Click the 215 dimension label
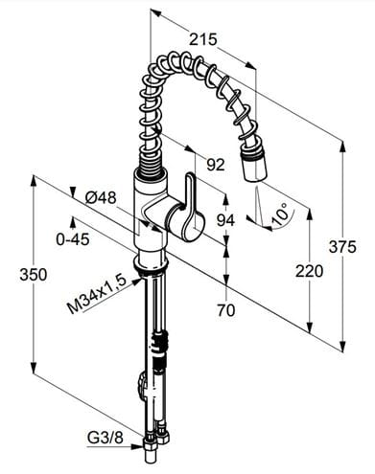(x=202, y=39)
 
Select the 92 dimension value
(x=216, y=165)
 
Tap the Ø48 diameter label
(x=101, y=198)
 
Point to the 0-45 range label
(x=73, y=239)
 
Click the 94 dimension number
(x=225, y=220)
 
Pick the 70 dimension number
(x=225, y=310)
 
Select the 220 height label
(x=309, y=271)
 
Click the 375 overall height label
(x=342, y=247)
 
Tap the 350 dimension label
(x=34, y=275)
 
